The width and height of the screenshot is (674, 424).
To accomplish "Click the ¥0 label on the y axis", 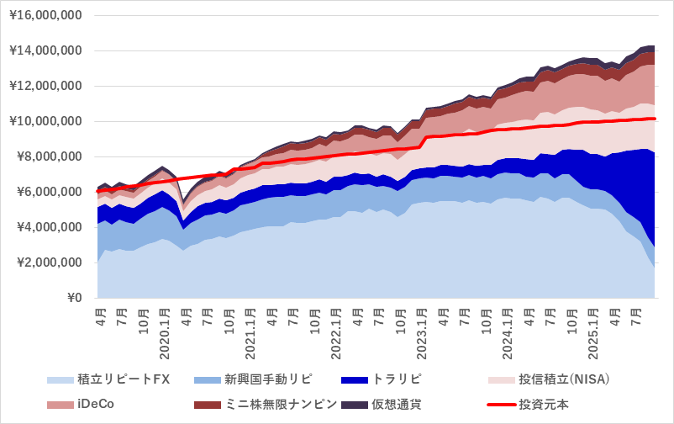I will pyautogui.click(x=73, y=298).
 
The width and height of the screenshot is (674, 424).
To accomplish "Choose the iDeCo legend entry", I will pyautogui.click(x=95, y=404).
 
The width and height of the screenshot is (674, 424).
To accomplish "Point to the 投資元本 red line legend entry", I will pyautogui.click(x=543, y=404).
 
